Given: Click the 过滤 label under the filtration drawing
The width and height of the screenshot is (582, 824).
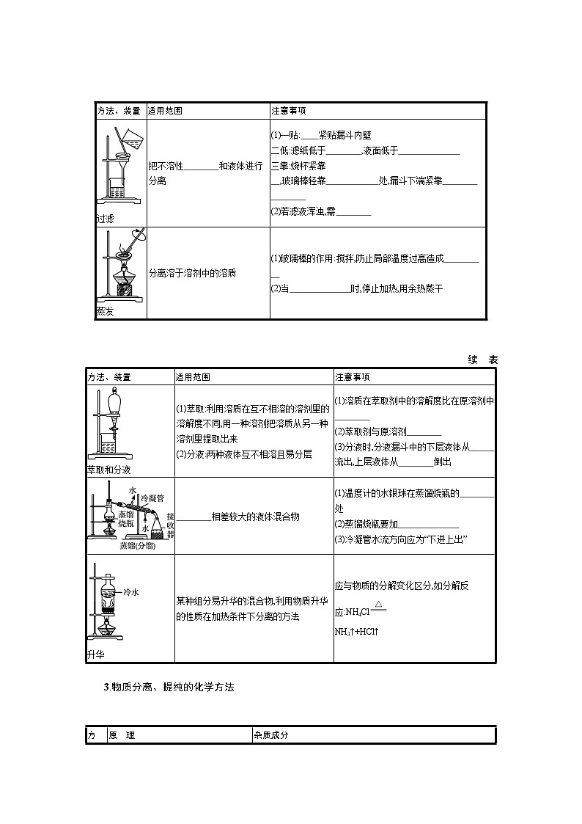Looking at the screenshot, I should click(x=105, y=219).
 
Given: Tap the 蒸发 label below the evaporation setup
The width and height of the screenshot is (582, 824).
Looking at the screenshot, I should click(x=105, y=311).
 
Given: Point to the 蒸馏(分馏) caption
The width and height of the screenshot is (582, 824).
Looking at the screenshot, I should click(x=139, y=545).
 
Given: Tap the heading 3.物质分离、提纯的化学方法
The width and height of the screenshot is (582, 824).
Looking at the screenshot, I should click(x=169, y=687).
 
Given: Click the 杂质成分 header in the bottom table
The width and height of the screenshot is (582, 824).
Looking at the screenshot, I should click(x=271, y=735).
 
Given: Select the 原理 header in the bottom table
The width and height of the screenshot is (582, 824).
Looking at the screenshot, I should click(x=121, y=735).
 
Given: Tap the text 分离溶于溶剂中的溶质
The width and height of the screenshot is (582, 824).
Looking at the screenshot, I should click(x=192, y=272).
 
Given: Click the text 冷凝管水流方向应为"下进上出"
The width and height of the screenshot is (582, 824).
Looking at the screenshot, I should click(x=401, y=540).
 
